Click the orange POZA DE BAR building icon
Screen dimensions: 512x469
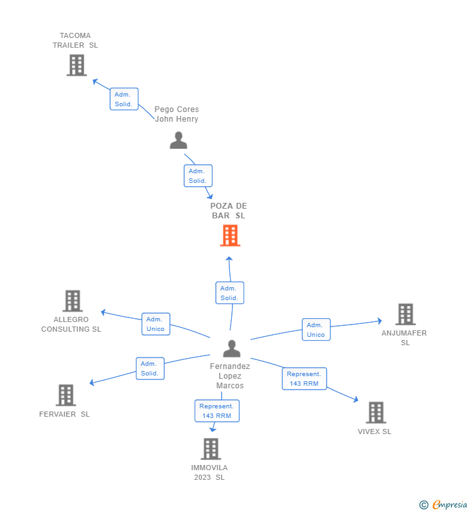coord(230,236)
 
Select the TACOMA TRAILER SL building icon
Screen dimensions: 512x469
coord(77,65)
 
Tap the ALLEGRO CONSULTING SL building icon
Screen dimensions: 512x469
coord(72,301)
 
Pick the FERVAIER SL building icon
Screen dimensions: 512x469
coord(66,395)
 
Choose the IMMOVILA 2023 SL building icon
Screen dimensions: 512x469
coord(211,449)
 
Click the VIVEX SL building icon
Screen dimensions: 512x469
coord(376,412)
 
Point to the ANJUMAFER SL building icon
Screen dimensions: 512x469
coord(405,314)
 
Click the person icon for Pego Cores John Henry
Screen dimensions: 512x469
coord(178,140)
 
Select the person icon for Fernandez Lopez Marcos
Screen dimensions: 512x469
coord(231,348)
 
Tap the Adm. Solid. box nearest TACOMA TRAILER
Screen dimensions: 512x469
coord(124,99)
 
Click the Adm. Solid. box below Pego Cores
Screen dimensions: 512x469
coord(198,176)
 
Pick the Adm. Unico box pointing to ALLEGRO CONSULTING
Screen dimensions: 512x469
coord(156,324)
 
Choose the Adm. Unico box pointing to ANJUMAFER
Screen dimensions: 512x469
coord(316,330)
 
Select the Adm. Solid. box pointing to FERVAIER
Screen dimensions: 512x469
coord(150,368)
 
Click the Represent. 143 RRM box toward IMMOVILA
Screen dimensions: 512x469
coord(217,411)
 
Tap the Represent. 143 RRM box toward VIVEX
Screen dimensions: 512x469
coord(304,379)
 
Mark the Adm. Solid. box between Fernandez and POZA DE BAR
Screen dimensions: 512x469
coord(229,293)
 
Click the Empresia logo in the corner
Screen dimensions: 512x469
coord(444,504)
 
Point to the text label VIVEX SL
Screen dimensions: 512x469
coord(374,431)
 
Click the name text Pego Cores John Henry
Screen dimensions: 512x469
coord(177,114)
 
